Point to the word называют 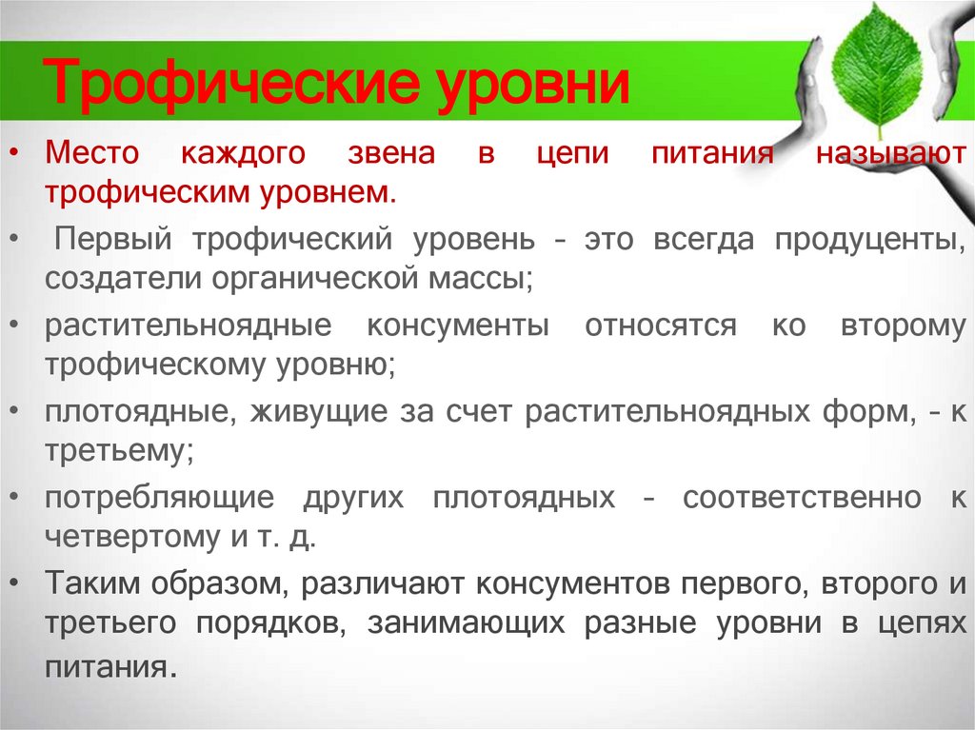tap(890, 153)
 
